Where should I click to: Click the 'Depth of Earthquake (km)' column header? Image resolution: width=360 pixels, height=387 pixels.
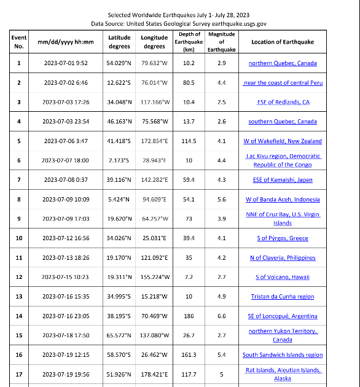(x=189, y=42)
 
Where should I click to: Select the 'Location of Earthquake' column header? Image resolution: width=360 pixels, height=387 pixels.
(x=282, y=42)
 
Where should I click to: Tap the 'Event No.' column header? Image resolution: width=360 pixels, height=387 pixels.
(x=19, y=42)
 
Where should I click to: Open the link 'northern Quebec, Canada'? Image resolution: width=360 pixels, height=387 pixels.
(x=283, y=63)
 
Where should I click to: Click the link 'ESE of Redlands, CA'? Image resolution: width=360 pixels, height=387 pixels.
(x=283, y=102)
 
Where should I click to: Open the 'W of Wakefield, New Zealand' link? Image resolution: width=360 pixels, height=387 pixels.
(x=283, y=141)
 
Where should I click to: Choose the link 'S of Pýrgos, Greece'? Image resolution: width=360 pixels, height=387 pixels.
(x=283, y=238)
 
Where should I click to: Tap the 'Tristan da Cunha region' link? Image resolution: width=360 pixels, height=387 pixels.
(x=283, y=297)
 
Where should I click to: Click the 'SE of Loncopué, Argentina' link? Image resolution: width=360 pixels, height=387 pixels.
(x=283, y=316)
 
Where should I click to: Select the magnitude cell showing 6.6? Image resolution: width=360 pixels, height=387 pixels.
(x=221, y=316)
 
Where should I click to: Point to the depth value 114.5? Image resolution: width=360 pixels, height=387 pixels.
(x=189, y=141)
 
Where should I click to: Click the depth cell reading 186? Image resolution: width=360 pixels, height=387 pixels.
(x=189, y=316)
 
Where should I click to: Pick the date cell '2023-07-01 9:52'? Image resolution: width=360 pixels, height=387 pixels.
(x=66, y=63)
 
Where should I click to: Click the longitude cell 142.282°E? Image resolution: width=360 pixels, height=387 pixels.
(x=155, y=180)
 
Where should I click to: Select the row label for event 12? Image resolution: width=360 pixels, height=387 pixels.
(x=19, y=277)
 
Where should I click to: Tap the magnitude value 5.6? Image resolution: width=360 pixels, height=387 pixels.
(x=221, y=200)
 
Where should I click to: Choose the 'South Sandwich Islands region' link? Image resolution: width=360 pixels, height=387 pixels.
(x=283, y=355)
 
